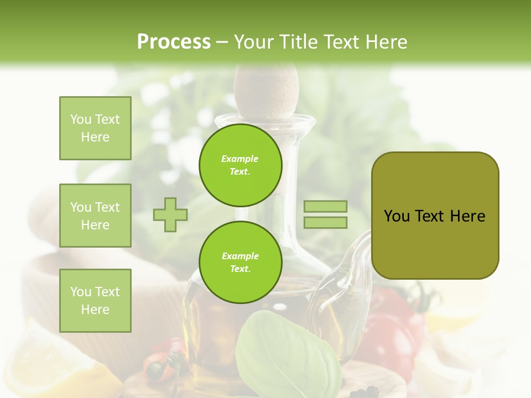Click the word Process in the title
pyautogui.click(x=174, y=42)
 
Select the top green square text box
pyautogui.click(x=95, y=128)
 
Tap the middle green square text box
pyautogui.click(x=95, y=216)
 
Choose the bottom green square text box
pyautogui.click(x=95, y=300)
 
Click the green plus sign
pyautogui.click(x=170, y=214)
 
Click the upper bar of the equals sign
pyautogui.click(x=325, y=206)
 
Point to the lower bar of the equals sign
pyautogui.click(x=325, y=222)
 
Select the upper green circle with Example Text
pyautogui.click(x=240, y=165)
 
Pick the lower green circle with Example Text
pyautogui.click(x=240, y=262)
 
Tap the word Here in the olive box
pyautogui.click(x=467, y=216)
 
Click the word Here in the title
pyautogui.click(x=385, y=42)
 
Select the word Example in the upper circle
pyautogui.click(x=240, y=159)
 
